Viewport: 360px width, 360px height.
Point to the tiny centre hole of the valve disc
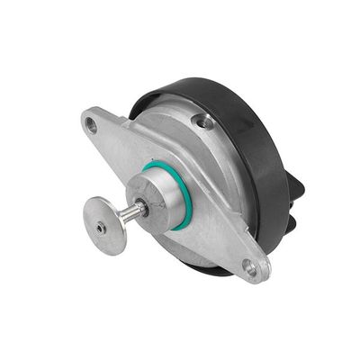click(99, 229)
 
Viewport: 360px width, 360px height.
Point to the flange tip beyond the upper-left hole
click(84, 119)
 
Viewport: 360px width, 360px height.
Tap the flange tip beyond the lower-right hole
click(260, 274)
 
